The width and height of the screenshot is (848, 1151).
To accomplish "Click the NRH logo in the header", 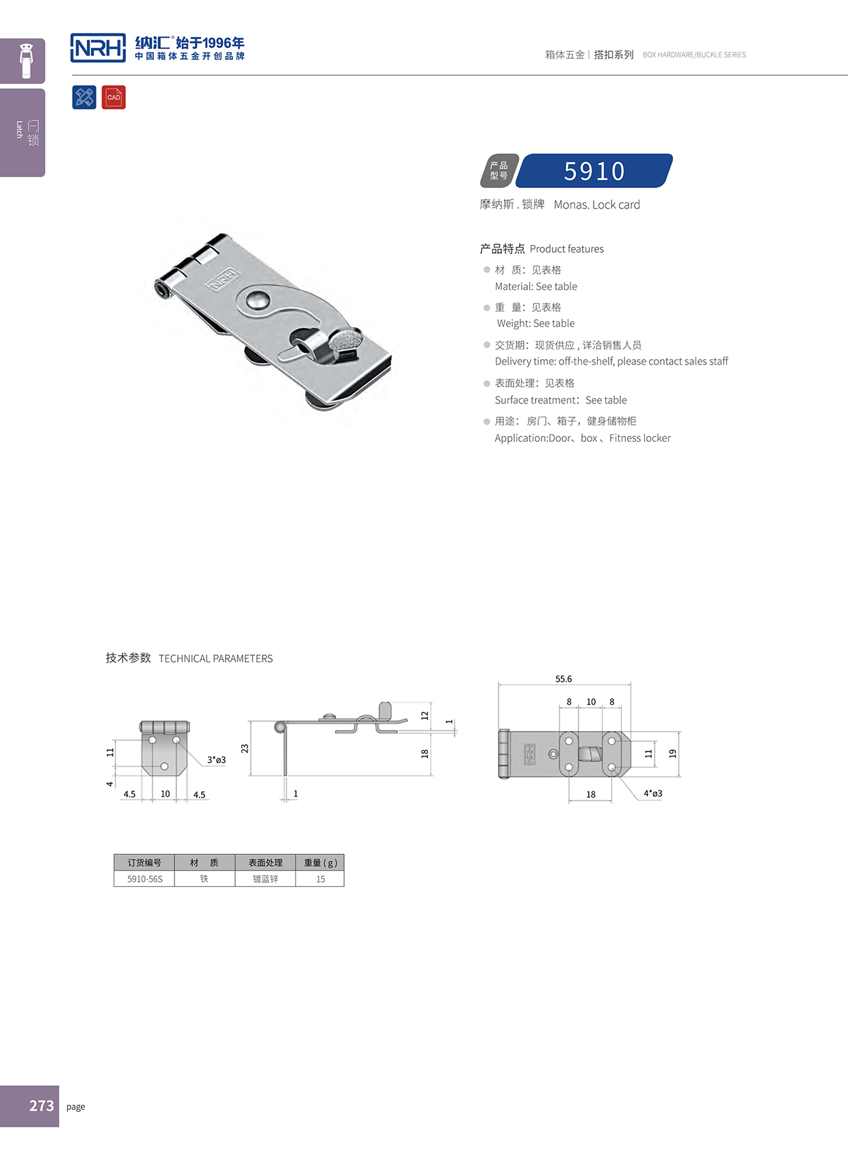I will [x=98, y=48].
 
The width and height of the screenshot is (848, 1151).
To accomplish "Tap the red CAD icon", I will [x=114, y=97].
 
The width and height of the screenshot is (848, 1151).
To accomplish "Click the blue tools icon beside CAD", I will [x=84, y=97].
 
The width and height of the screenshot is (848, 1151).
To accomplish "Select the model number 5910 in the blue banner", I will [x=594, y=171].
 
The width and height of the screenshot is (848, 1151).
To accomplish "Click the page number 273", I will [x=41, y=1105].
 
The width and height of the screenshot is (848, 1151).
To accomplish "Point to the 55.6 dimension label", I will [x=564, y=679].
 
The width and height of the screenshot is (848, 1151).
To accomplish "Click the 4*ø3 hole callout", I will [x=652, y=793].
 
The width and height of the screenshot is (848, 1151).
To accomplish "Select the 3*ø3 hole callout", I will [x=216, y=760].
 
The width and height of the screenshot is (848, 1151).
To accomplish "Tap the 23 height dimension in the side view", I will [x=245, y=748].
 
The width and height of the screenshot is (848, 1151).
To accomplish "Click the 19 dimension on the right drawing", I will [x=672, y=753].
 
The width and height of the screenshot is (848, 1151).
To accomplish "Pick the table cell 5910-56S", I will [x=145, y=879].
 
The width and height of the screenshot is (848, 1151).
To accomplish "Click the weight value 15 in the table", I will [x=320, y=879].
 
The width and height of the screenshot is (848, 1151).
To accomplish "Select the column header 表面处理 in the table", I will [x=265, y=862].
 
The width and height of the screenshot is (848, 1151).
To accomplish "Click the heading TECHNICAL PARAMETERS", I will [x=215, y=659].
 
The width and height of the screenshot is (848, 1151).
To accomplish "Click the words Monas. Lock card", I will [x=596, y=204].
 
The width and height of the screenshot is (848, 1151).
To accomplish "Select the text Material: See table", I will [x=535, y=287].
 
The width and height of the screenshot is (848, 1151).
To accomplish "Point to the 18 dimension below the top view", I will [x=591, y=794].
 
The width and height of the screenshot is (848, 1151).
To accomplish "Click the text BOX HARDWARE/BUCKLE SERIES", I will [x=694, y=55].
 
